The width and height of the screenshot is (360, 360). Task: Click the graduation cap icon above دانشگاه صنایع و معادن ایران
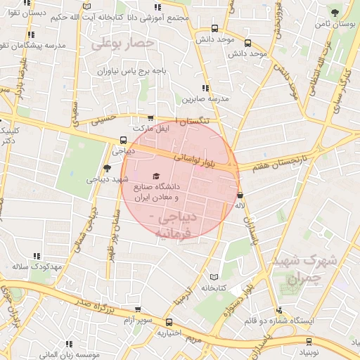pyautogui.click(x=155, y=176)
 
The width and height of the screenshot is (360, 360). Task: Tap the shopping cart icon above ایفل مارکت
pyautogui.click(x=150, y=119)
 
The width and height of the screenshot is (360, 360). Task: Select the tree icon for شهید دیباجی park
pyautogui.click(x=107, y=168)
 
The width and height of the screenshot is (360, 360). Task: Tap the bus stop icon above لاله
pyautogui.click(x=240, y=195)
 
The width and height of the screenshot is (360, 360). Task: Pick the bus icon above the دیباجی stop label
pyautogui.click(x=124, y=140)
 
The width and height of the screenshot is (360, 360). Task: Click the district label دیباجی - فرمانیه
pyautogui.click(x=181, y=224)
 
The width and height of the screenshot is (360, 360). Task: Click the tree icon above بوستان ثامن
pyautogui.click(x=335, y=13)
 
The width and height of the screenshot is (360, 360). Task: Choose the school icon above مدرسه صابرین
pyautogui.click(x=205, y=89)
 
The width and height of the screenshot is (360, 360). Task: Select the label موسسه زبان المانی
pyautogui.click(x=70, y=355)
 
